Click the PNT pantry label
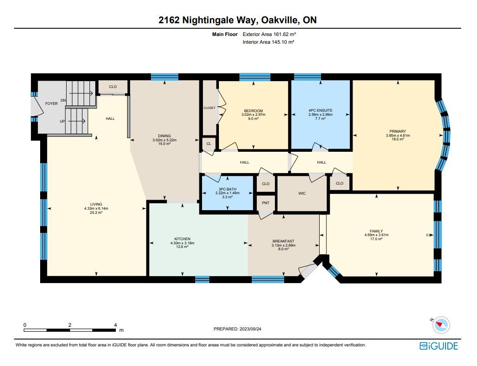[x=265, y=203]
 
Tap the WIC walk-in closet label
[x=302, y=193]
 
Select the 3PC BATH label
[x=228, y=189]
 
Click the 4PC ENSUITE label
[x=320, y=110]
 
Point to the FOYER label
[x=52, y=103]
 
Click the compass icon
[x=441, y=325]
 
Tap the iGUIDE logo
[x=439, y=346]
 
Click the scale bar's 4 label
[x=115, y=325]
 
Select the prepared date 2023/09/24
[x=250, y=329]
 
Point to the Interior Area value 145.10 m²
[x=283, y=42]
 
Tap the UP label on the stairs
[x=62, y=121]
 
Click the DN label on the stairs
[x=63, y=100]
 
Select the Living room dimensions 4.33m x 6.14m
[x=96, y=209]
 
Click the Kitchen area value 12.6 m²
[x=182, y=247]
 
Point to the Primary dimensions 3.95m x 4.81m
[x=398, y=135]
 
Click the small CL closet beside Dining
[x=209, y=144]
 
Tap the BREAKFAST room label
[x=283, y=242]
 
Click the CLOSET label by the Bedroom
[x=209, y=108]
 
